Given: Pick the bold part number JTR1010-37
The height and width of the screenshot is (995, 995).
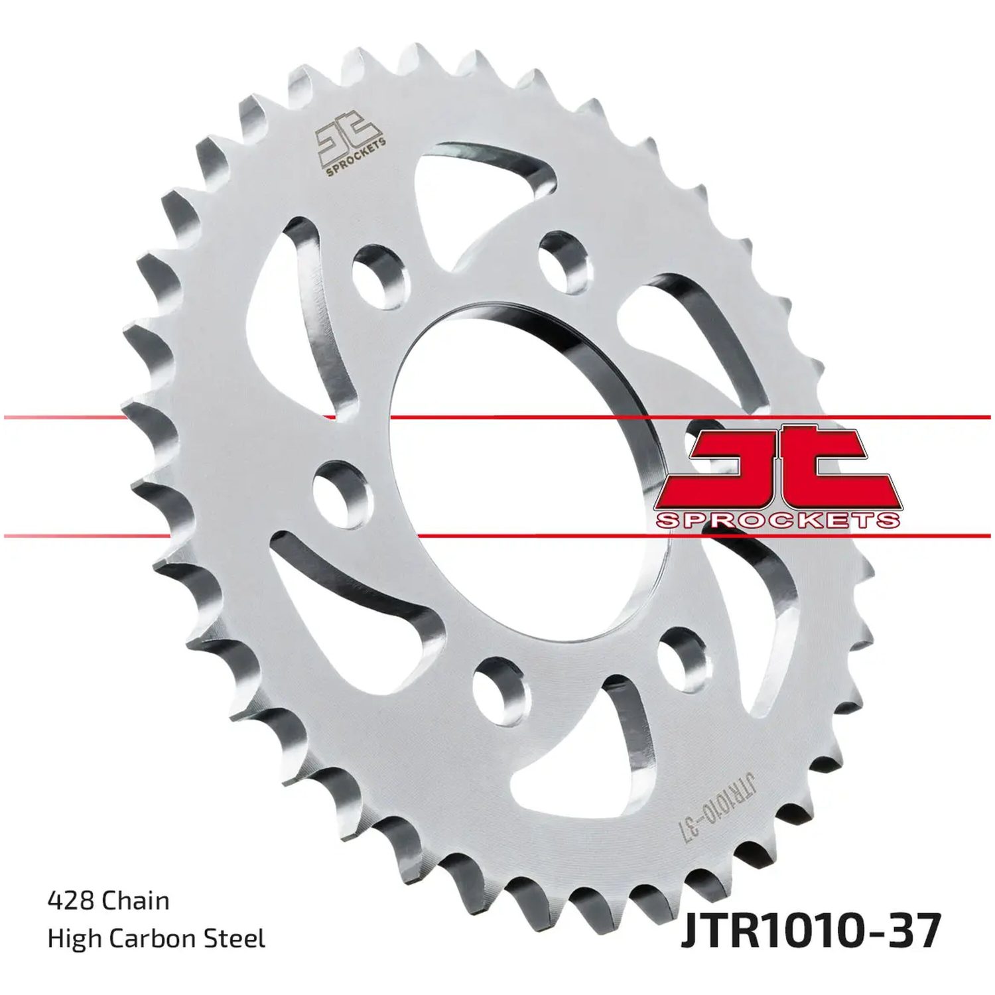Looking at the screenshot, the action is point(809,932).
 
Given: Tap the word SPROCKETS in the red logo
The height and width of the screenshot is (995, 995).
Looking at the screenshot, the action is point(777,520).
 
